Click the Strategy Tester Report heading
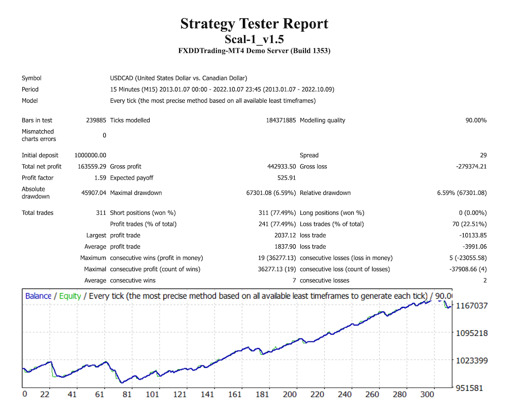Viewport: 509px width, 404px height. [254, 24]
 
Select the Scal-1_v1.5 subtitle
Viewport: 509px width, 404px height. [254, 39]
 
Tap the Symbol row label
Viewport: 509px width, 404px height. [32, 78]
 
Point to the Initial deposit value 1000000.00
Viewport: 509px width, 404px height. [90, 156]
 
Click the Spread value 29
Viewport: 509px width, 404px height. [483, 156]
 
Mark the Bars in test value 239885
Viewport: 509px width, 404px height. [96, 121]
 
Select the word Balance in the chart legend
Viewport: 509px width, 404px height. [38, 296]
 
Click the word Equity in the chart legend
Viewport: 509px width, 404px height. [70, 296]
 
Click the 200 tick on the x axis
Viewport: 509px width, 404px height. [290, 394]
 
